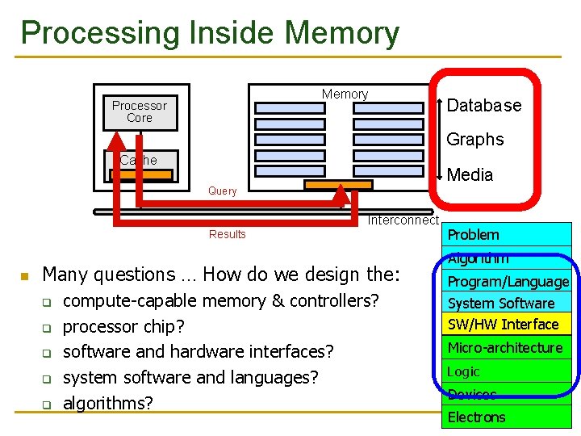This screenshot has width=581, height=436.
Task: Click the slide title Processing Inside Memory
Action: click(x=210, y=33)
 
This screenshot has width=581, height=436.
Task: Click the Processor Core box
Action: click(x=140, y=112)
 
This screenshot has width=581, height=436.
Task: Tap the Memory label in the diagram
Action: click(x=345, y=94)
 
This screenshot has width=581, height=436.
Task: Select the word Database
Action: click(x=484, y=106)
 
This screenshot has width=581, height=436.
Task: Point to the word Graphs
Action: click(x=474, y=140)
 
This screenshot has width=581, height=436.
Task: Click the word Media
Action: click(x=470, y=175)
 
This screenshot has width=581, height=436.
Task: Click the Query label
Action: click(x=222, y=191)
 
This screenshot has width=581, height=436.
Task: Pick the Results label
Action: click(x=227, y=234)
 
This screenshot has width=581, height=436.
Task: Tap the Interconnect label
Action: click(x=403, y=220)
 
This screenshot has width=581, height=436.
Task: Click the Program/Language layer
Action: click(x=508, y=282)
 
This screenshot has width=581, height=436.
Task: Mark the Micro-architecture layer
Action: click(x=506, y=348)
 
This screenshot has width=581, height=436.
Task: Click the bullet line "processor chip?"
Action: click(x=123, y=327)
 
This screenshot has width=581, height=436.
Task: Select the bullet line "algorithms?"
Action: click(x=107, y=403)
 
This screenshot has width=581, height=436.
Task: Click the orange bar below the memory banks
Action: click(x=338, y=185)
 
